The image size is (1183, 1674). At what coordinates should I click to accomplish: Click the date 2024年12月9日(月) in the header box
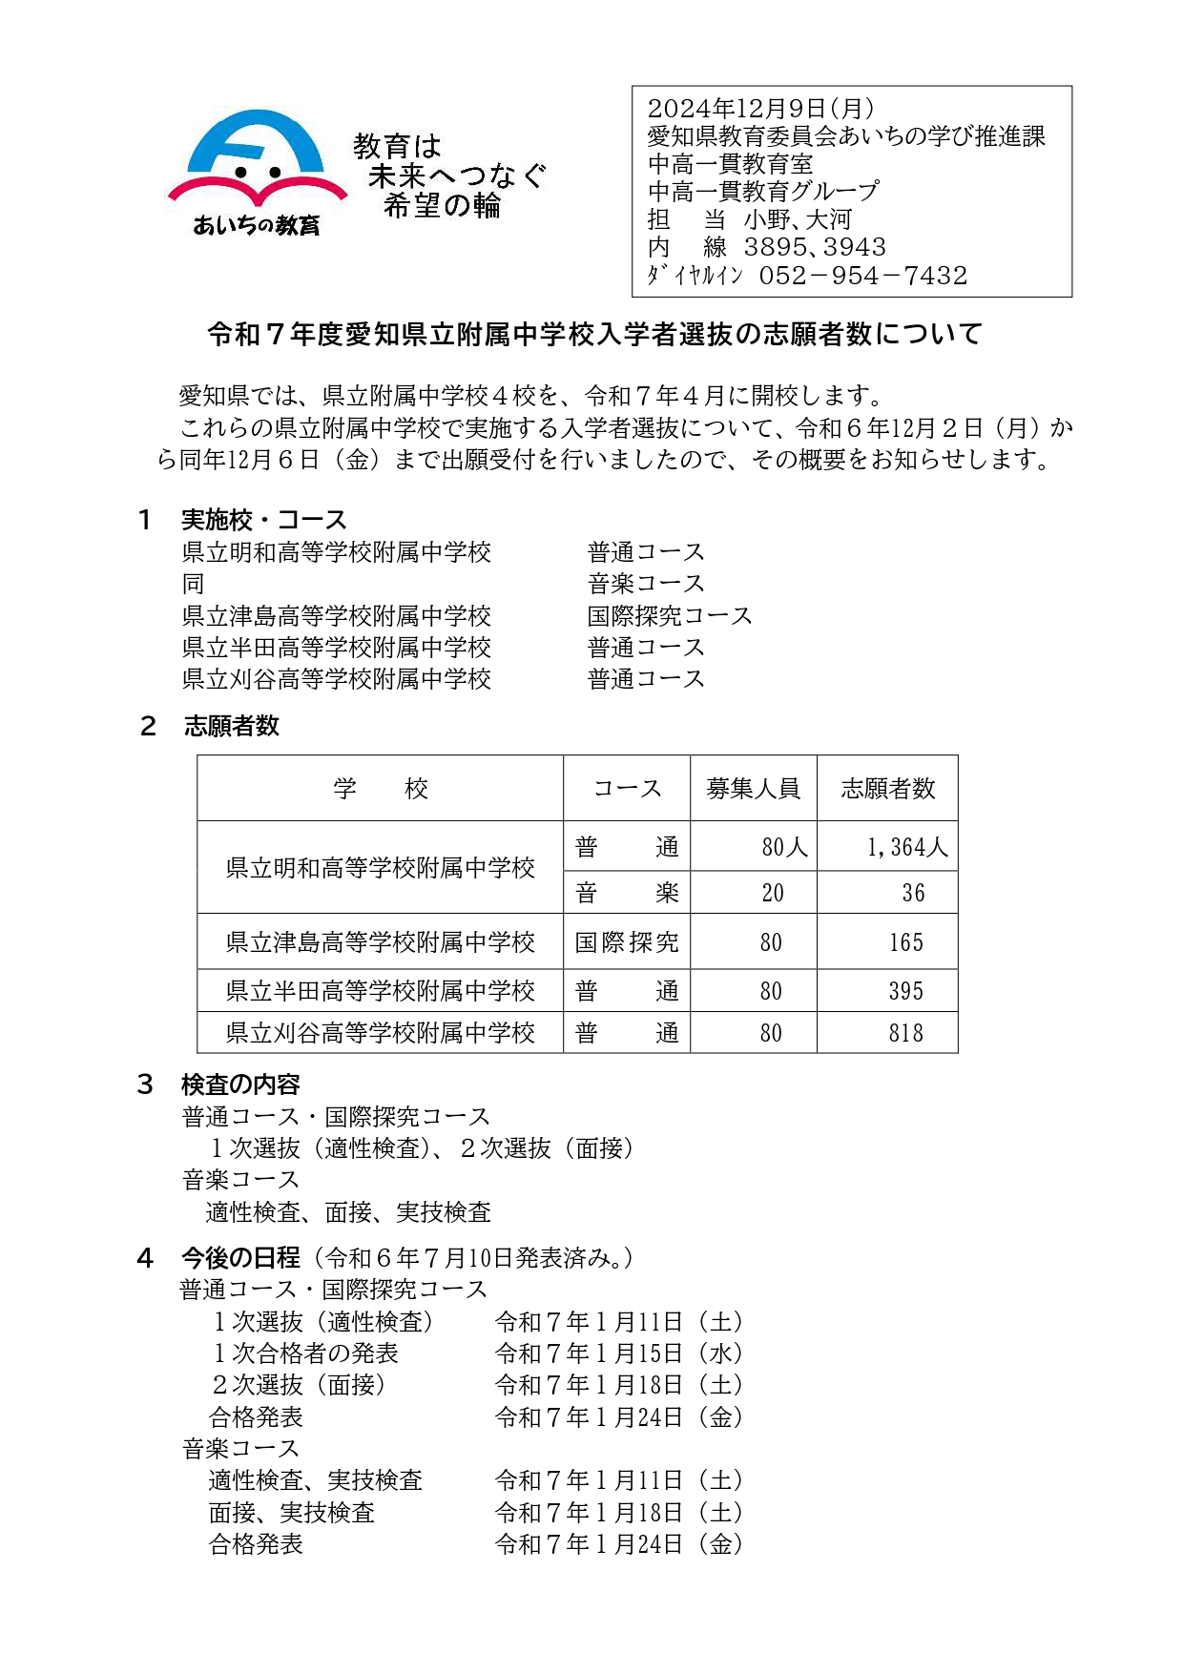(x=760, y=109)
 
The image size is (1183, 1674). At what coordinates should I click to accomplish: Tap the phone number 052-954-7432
(x=862, y=276)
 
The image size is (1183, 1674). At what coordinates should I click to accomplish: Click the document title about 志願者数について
(x=594, y=334)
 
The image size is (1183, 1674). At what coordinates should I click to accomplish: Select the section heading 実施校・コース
(x=263, y=520)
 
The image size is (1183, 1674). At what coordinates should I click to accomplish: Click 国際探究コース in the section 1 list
(x=670, y=615)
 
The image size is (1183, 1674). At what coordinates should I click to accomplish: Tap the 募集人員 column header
(x=753, y=789)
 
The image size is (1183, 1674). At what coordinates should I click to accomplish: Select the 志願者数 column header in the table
(x=887, y=789)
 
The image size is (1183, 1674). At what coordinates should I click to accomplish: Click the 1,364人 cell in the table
(x=906, y=847)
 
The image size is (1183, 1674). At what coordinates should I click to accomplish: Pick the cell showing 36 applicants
(x=913, y=893)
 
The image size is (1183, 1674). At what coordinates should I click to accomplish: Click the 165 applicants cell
(x=905, y=942)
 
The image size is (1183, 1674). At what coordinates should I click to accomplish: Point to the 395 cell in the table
(x=905, y=991)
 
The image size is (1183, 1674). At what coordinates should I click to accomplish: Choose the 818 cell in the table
(x=905, y=1033)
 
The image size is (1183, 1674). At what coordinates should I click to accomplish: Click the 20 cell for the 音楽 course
(x=772, y=893)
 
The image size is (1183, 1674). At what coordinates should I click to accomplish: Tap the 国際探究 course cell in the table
(x=627, y=942)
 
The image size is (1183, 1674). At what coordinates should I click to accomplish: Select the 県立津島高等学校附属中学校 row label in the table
(x=380, y=942)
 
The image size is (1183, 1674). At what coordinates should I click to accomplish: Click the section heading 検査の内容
(x=240, y=1085)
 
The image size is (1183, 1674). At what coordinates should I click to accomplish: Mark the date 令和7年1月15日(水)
(x=618, y=1354)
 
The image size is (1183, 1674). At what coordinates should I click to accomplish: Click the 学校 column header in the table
(x=380, y=789)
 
